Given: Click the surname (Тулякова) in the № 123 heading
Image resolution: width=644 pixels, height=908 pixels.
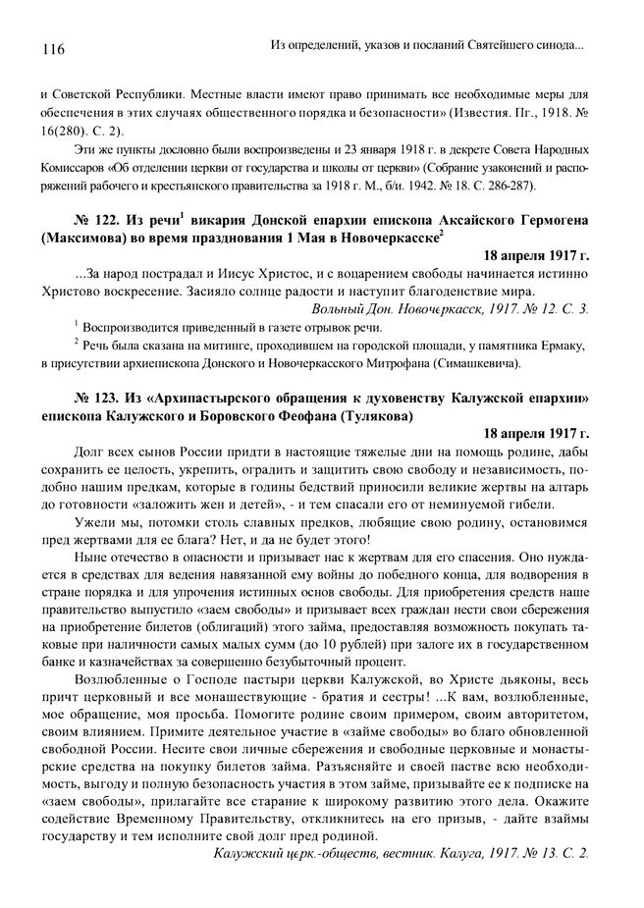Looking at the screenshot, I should point(371,416).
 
